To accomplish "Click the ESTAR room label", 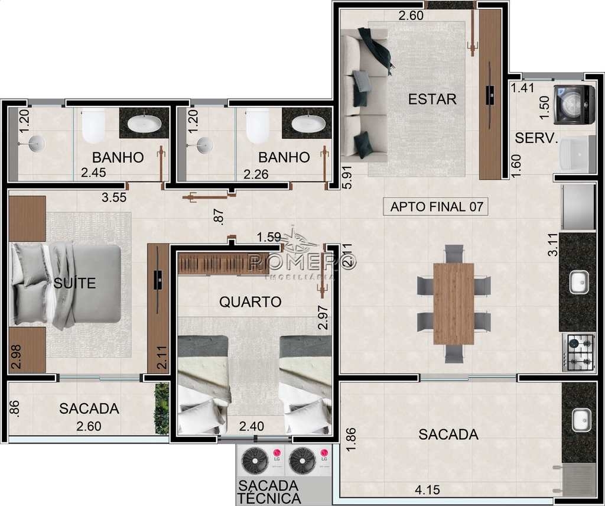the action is coord(432,99).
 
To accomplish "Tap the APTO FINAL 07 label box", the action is coord(436,206).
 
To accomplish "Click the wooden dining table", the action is coord(453,303).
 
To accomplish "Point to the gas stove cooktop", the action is coord(578,352).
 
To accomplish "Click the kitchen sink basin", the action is coord(579,282).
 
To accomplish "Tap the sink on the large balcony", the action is coord(581,420).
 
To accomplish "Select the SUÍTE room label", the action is coord(74,283).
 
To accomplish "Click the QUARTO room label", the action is coord(251,302).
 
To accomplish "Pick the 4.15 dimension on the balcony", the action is coord(427,490).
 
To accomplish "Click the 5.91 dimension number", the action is coord(347,177).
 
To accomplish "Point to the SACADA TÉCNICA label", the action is coord(269,491).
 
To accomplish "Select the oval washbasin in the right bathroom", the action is coord(306,124).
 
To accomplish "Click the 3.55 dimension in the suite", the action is coord(114,197).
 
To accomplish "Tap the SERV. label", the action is coord(536,138).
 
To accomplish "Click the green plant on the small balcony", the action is coord(162,408).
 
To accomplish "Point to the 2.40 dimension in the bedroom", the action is coord(252,426).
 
